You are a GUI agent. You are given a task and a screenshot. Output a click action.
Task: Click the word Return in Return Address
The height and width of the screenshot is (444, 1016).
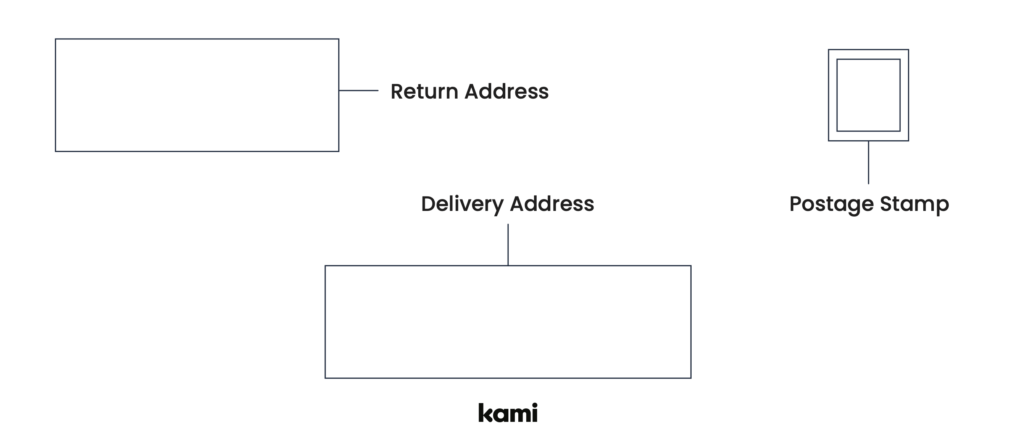pyautogui.click(x=424, y=92)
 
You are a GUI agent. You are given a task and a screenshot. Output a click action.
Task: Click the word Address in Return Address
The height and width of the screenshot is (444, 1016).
pyautogui.click(x=506, y=92)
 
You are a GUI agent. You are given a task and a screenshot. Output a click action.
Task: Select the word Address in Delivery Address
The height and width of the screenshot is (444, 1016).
pyautogui.click(x=552, y=204)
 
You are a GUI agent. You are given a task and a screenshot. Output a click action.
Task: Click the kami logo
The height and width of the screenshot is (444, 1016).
pyautogui.click(x=508, y=413)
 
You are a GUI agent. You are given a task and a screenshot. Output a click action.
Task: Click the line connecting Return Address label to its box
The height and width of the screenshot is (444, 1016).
pyautogui.click(x=358, y=91)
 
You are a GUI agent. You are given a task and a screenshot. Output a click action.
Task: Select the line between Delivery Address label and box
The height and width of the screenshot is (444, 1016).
pyautogui.click(x=508, y=245)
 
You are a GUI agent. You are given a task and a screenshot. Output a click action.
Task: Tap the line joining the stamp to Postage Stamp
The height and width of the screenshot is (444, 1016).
pyautogui.click(x=869, y=162)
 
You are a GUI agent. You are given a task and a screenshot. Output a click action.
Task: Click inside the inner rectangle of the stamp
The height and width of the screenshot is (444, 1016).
pyautogui.click(x=869, y=95)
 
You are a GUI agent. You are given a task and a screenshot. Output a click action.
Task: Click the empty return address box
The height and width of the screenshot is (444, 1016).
pyautogui.click(x=197, y=95)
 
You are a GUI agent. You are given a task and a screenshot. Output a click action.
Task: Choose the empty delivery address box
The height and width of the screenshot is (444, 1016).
pyautogui.click(x=508, y=322)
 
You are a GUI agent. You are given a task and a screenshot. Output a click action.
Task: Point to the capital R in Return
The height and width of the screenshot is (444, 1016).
pyautogui.click(x=398, y=92)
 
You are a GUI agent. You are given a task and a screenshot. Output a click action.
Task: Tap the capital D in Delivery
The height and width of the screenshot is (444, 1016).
pyautogui.click(x=429, y=204)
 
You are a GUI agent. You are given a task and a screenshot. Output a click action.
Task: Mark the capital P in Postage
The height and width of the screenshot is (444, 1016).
pyautogui.click(x=797, y=204)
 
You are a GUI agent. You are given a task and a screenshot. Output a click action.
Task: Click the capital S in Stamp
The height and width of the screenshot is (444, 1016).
pyautogui.click(x=887, y=204)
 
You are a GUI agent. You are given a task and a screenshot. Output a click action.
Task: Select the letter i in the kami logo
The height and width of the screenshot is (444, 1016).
pyautogui.click(x=534, y=413)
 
